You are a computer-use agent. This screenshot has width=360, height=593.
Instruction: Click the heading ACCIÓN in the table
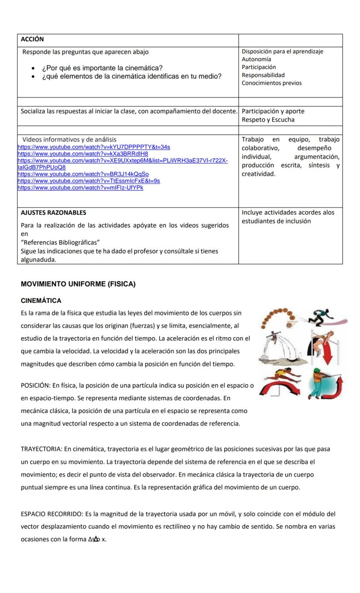pyautogui.click(x=32, y=39)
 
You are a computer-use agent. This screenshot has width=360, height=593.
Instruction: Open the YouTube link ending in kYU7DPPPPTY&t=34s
pyautogui.click(x=93, y=147)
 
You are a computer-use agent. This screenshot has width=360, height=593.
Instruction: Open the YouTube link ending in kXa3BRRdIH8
pyautogui.click(x=83, y=154)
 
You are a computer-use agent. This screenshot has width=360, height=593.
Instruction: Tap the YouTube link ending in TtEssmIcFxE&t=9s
pyautogui.click(x=89, y=181)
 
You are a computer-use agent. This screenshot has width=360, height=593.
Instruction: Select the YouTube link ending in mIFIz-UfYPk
pyautogui.click(x=80, y=188)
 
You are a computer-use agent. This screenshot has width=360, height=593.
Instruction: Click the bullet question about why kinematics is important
pyautogui.click(x=102, y=68)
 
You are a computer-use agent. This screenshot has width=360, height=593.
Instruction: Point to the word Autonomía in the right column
pyautogui.click(x=257, y=59)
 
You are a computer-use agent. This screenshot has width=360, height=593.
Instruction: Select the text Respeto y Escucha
pyautogui.click(x=268, y=120)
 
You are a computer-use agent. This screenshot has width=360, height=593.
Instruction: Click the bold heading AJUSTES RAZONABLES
pyautogui.click(x=53, y=213)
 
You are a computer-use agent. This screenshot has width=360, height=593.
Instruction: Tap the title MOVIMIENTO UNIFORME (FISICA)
pyautogui.click(x=78, y=284)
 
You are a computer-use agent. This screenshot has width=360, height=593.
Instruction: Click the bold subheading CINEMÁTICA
pyautogui.click(x=41, y=301)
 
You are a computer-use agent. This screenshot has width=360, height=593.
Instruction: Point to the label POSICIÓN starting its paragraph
pyautogui.click(x=35, y=385)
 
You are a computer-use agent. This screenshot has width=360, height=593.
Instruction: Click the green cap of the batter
pyautogui.click(x=316, y=371)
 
